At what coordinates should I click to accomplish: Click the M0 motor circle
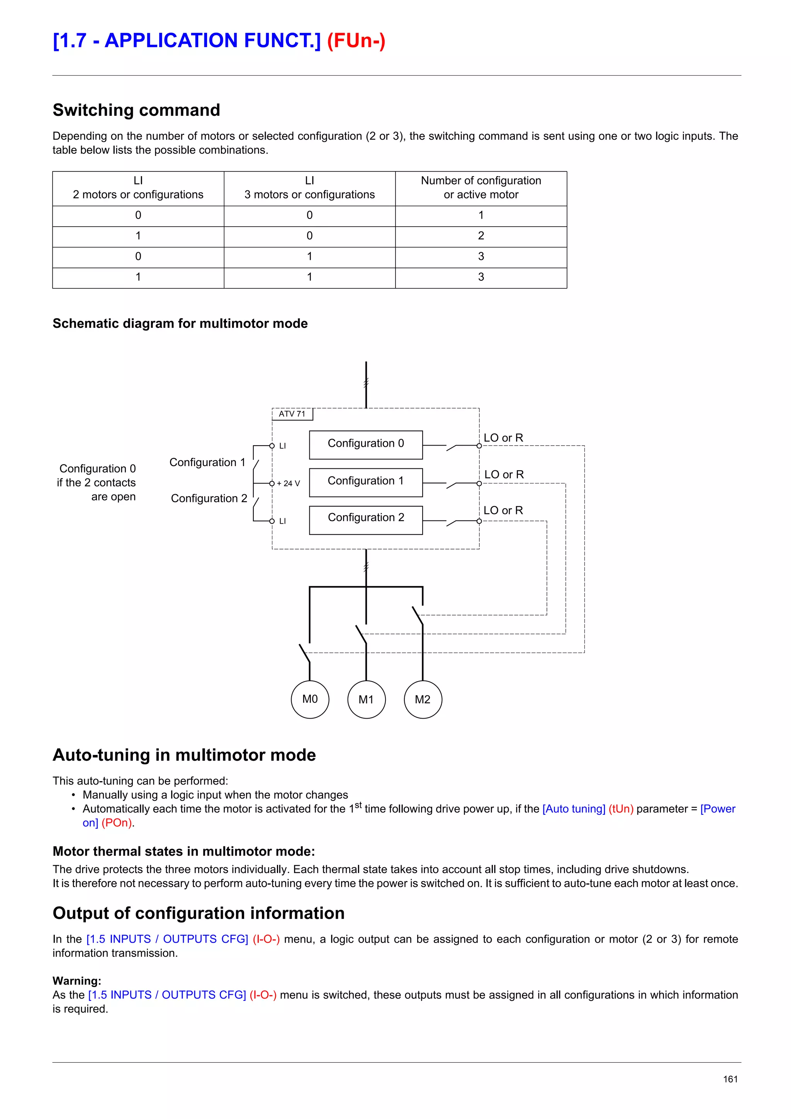310,699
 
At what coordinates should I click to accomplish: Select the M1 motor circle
366,699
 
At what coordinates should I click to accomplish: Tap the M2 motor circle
423,699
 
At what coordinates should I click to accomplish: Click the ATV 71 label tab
292,414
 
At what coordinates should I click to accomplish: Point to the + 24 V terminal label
288,483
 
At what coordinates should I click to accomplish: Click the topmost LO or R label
503,437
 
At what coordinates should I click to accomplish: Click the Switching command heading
136,110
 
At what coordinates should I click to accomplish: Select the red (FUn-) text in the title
356,41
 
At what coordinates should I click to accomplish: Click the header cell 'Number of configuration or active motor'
480,188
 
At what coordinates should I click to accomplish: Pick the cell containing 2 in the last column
480,236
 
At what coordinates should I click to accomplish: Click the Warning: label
76,981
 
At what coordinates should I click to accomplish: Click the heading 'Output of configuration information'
199,913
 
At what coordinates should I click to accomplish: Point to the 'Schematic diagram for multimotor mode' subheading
180,324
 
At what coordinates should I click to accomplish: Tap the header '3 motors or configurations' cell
309,188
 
